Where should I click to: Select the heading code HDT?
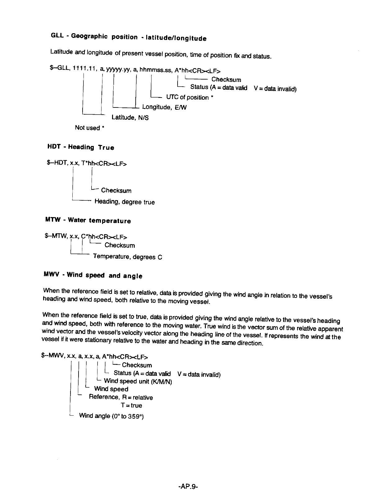coord(53,146)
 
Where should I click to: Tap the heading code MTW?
coord(52,220)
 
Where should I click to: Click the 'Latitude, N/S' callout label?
coord(130,118)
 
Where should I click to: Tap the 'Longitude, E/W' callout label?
coord(164,107)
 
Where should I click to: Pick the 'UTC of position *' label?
coord(190,97)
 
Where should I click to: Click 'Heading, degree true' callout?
coord(124,202)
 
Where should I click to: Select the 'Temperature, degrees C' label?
coord(128,257)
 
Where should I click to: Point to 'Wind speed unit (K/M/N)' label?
coord(138,381)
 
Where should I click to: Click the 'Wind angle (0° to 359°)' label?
coord(111,416)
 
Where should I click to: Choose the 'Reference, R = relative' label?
coord(121,397)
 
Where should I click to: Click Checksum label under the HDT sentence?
coord(116,190)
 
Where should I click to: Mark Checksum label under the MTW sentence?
coord(120,245)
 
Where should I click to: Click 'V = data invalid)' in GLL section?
coord(275,89)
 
